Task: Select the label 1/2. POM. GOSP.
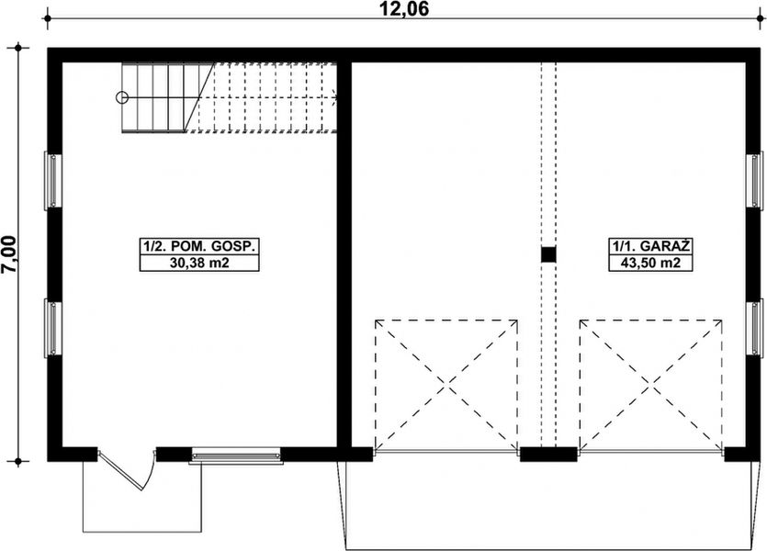click(198, 246)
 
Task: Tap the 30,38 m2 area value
click(198, 264)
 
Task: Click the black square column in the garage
click(548, 255)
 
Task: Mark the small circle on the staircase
click(120, 96)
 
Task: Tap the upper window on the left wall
click(53, 180)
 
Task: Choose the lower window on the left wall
click(53, 328)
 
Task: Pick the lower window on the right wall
click(759, 328)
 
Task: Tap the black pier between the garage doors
click(548, 453)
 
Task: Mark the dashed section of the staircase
click(266, 97)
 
